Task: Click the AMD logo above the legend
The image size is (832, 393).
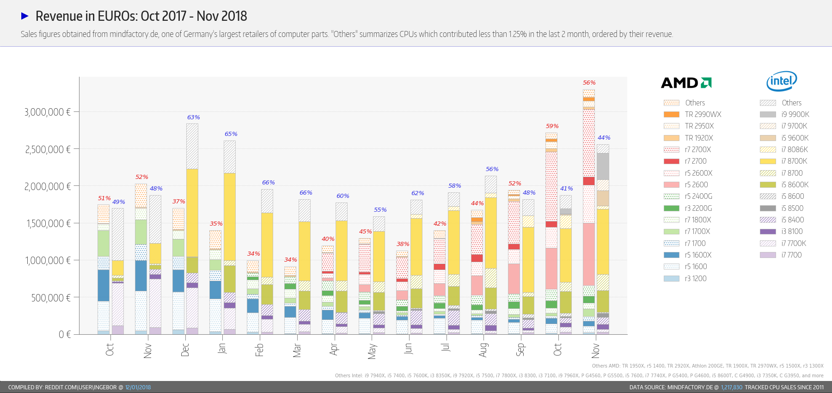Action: tap(686, 83)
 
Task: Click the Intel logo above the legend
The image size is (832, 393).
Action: tap(782, 81)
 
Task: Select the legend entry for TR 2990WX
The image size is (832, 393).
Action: tap(703, 115)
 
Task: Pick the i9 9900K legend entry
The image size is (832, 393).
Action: tap(795, 115)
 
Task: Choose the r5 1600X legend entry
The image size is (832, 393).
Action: tap(698, 255)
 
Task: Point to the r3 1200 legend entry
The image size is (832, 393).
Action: tap(696, 278)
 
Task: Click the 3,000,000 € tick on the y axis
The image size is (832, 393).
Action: tap(47, 112)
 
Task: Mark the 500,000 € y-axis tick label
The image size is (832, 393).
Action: tap(51, 298)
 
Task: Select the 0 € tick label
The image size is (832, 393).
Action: tap(65, 334)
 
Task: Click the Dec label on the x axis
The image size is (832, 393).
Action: tap(185, 350)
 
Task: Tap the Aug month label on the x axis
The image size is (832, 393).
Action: tap(483, 350)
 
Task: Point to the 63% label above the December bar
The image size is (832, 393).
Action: tap(193, 117)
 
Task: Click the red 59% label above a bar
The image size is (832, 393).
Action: tap(552, 126)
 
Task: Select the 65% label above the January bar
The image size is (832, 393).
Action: tap(231, 134)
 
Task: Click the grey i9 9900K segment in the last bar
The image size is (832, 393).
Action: tap(603, 166)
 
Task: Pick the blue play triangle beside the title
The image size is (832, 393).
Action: tap(25, 16)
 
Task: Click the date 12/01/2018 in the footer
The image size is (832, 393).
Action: tap(138, 387)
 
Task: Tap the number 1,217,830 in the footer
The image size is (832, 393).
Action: tap(731, 387)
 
